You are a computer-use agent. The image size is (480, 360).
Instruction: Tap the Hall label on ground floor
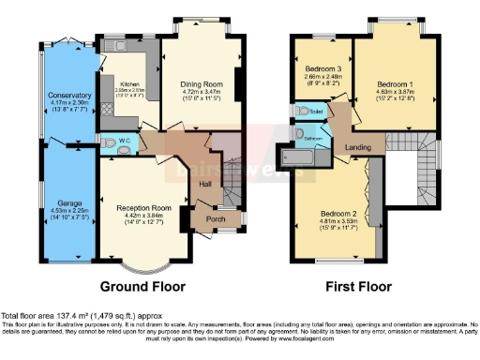click(x=205, y=185)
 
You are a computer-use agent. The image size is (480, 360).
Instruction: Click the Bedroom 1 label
click(x=395, y=83)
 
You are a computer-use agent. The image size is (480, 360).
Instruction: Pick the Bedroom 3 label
click(x=322, y=68)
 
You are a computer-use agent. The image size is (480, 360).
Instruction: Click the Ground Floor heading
click(x=144, y=286)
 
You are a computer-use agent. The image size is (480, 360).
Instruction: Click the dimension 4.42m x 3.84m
click(x=142, y=216)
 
